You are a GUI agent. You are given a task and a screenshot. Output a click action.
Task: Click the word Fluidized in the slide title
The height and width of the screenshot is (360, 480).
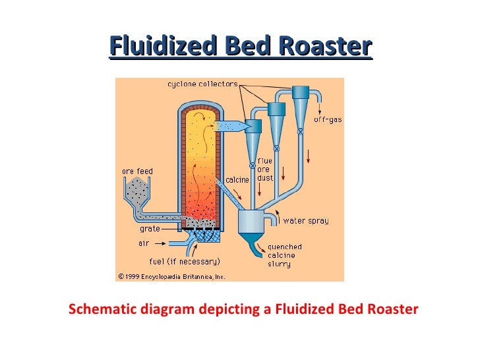(x=162, y=47)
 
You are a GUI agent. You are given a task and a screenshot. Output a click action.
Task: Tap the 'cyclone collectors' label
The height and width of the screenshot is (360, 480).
(x=202, y=84)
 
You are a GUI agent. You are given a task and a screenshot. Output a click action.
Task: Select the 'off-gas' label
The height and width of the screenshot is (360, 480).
(x=328, y=119)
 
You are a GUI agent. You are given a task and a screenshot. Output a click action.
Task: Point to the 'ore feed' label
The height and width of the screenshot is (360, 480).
(x=137, y=171)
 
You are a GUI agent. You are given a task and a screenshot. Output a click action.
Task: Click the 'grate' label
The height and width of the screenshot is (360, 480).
(x=150, y=229)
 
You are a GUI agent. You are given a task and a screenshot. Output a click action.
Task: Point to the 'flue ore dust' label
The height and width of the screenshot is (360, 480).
(x=265, y=169)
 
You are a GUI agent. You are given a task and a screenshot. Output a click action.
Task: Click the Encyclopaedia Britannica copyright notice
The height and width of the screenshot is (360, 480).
(x=171, y=276)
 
